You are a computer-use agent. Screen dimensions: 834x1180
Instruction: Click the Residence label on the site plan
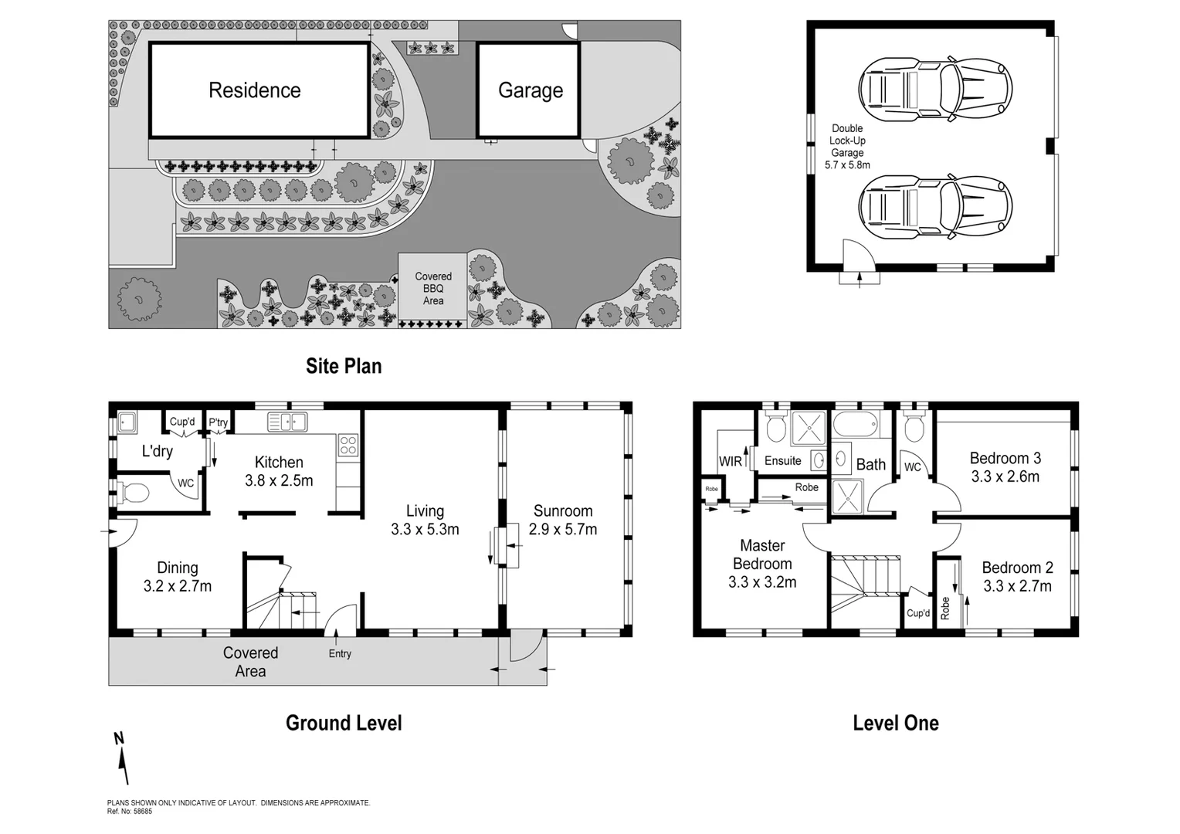pos(254,90)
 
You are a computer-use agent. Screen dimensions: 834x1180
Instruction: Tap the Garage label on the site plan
pos(530,90)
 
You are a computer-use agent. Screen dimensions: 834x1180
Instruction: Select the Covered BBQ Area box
pos(432,288)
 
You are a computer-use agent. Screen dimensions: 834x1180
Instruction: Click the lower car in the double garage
pos(935,205)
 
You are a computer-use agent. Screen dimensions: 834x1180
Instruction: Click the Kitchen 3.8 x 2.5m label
pos(279,471)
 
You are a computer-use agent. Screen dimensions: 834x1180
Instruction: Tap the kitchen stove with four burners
pos(348,445)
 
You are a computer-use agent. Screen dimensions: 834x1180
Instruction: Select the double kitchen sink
pos(287,422)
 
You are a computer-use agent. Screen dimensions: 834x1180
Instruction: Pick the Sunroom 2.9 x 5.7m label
pos(563,520)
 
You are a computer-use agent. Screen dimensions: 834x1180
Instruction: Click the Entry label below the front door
pos(340,653)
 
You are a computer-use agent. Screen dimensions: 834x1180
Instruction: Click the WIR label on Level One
pos(730,461)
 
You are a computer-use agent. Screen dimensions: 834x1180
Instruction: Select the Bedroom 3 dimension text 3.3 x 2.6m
pos(1005,476)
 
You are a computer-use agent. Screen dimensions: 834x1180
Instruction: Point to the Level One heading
pos(895,723)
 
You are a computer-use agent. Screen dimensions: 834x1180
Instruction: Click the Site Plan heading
pos(344,366)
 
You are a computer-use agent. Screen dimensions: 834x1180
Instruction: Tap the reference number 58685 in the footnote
pos(143,811)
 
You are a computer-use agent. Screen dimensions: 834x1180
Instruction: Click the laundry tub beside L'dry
pos(127,424)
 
